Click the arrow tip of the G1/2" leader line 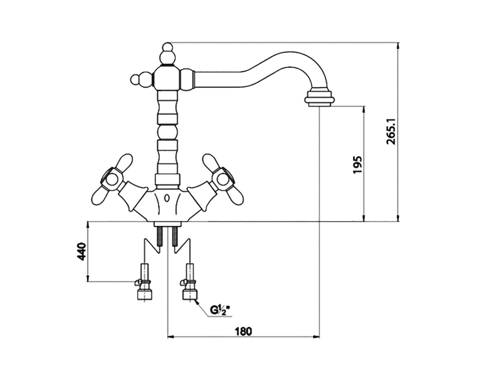195,300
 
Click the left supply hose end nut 145,294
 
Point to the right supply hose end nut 190,294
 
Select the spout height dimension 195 357,164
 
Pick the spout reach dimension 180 244,332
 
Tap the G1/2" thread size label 220,310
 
